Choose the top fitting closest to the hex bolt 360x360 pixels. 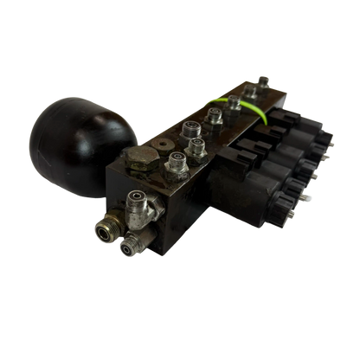177,160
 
